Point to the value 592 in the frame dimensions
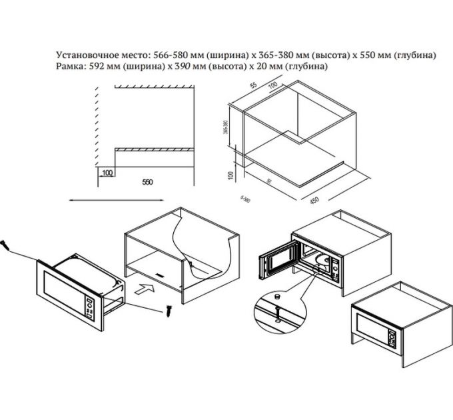click(x=97, y=67)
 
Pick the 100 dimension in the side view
click(x=107, y=173)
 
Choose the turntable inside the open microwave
click(x=324, y=262)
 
